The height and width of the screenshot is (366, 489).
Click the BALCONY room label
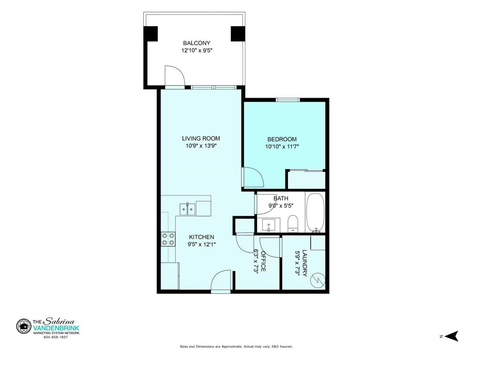[x=197, y=43]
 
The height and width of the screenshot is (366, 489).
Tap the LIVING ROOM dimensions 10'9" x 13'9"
[x=201, y=146]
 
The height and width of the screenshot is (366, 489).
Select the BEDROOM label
[x=282, y=139]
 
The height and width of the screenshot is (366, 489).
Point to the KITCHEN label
[x=201, y=237]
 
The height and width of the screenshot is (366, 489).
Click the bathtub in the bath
[x=315, y=213]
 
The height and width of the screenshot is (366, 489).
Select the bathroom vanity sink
[x=268, y=225]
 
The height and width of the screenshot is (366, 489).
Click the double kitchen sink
[x=187, y=209]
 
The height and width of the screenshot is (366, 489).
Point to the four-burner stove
[x=168, y=239]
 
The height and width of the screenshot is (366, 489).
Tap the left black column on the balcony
[x=151, y=34]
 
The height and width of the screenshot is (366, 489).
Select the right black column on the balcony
[x=238, y=34]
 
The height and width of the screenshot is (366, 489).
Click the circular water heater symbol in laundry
[x=318, y=280]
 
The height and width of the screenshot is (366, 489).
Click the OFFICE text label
[x=263, y=261]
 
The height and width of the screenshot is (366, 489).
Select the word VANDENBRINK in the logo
[x=56, y=328]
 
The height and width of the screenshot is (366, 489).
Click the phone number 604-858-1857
[x=56, y=337]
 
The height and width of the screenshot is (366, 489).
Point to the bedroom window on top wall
[x=288, y=100]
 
